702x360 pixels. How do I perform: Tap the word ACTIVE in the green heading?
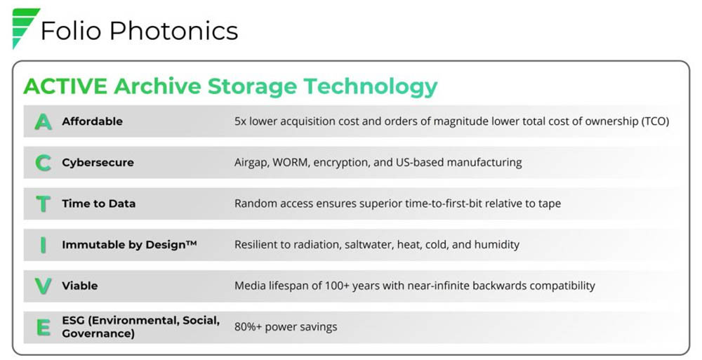click(65, 86)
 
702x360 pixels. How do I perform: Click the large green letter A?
click(43, 122)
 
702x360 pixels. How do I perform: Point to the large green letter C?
click(43, 163)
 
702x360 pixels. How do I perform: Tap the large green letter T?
click(43, 204)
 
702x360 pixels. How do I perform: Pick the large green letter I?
click(43, 245)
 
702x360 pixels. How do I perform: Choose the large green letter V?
click(43, 286)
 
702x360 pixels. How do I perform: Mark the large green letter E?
click(43, 327)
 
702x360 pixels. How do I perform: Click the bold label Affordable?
click(92, 121)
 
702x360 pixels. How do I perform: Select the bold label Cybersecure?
click(98, 163)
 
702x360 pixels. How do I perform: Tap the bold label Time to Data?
click(98, 204)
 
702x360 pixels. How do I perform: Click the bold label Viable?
click(80, 286)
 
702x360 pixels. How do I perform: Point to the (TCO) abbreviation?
click(654, 121)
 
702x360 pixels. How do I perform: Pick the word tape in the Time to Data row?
click(550, 204)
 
